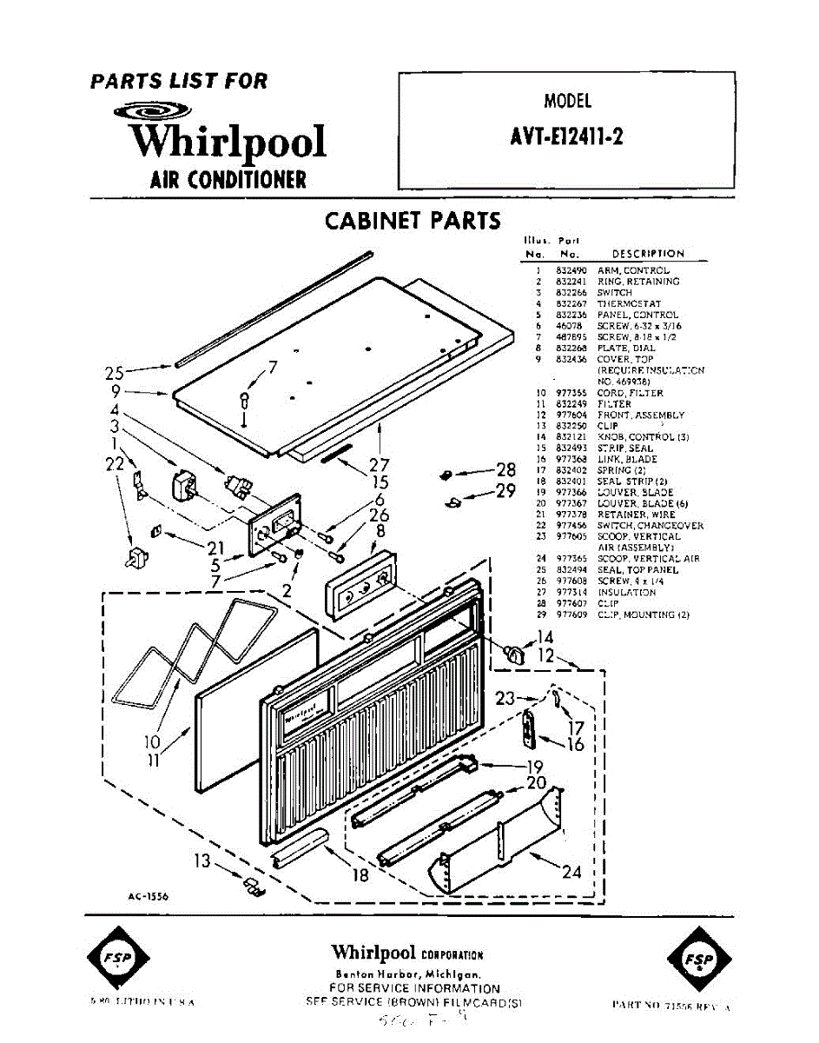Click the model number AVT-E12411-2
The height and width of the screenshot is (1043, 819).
[x=567, y=137]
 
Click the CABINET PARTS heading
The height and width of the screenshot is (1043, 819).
[x=413, y=221]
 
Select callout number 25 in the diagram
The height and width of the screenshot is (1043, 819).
[x=115, y=374]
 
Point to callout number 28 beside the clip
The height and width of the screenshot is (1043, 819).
[x=506, y=470]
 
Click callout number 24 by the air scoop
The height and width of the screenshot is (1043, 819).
[x=571, y=872]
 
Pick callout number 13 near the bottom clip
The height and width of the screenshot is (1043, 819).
[x=201, y=861]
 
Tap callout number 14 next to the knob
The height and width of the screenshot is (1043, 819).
[x=545, y=638]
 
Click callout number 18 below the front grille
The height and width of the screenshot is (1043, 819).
[x=360, y=875]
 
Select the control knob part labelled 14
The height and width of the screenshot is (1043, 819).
[x=515, y=653]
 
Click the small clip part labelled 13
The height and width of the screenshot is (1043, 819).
[x=253, y=886]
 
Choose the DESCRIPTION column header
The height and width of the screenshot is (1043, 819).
[x=648, y=254]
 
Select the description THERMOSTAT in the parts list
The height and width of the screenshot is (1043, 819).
[x=629, y=304]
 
